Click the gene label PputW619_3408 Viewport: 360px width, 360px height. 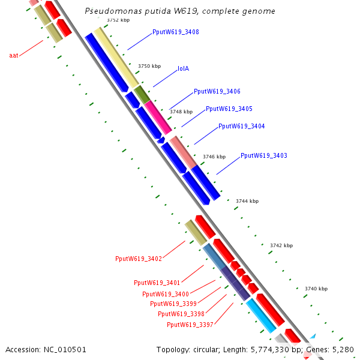pos(176,32)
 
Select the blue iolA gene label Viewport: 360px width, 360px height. pos(183,68)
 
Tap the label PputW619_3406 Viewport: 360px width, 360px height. pos(217,91)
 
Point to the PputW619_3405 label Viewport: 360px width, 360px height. pos(229,109)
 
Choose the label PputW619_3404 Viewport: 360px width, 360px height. pos(241,126)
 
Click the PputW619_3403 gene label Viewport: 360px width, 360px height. pos(264,155)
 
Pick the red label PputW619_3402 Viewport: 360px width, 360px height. pos(139,259)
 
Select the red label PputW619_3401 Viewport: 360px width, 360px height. pos(157,282)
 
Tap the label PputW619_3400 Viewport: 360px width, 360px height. pos(166,294)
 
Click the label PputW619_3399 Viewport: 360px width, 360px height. pos(173,304)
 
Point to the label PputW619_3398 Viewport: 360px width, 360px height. pos(181,314)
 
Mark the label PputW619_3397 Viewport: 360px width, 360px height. pos(190,325)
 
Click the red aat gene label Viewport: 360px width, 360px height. pos(14,55)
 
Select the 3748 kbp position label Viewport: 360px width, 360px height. pos(181,112)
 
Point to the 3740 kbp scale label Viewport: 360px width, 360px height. pos(316,289)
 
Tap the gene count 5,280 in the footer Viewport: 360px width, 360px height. pos(344,349)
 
